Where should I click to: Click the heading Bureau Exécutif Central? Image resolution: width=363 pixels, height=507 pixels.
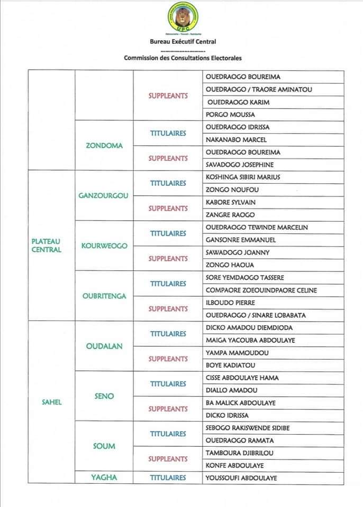pos(182,42)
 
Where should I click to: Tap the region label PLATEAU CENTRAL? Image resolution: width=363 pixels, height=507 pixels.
pos(47,246)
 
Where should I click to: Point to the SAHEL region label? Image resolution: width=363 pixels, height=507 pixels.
pos(52,402)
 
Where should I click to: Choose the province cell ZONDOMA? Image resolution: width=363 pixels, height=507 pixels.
pos(104,146)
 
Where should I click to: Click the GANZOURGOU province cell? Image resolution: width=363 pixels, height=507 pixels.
pos(104,196)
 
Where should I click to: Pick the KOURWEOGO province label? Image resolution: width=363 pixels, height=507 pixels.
pos(104,246)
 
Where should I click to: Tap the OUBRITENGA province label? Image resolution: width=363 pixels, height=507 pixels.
pos(104,296)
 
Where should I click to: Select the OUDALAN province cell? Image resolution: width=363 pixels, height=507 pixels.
pos(104,346)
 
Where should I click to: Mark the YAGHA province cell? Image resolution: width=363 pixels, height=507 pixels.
pos(104,478)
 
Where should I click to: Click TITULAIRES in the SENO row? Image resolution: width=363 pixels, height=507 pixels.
pos(168,384)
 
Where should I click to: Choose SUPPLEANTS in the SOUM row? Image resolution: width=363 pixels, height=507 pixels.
pos(168,459)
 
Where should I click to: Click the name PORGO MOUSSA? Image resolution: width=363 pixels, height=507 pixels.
pos(230,115)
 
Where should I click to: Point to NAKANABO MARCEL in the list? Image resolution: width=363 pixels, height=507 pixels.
pos(236,140)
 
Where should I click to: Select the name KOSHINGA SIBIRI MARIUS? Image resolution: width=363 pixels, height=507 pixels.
pos(243,177)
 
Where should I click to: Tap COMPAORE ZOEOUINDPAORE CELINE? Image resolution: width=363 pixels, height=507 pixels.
pos(261,290)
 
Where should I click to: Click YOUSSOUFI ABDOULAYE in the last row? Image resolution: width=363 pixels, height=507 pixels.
pos(241,478)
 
